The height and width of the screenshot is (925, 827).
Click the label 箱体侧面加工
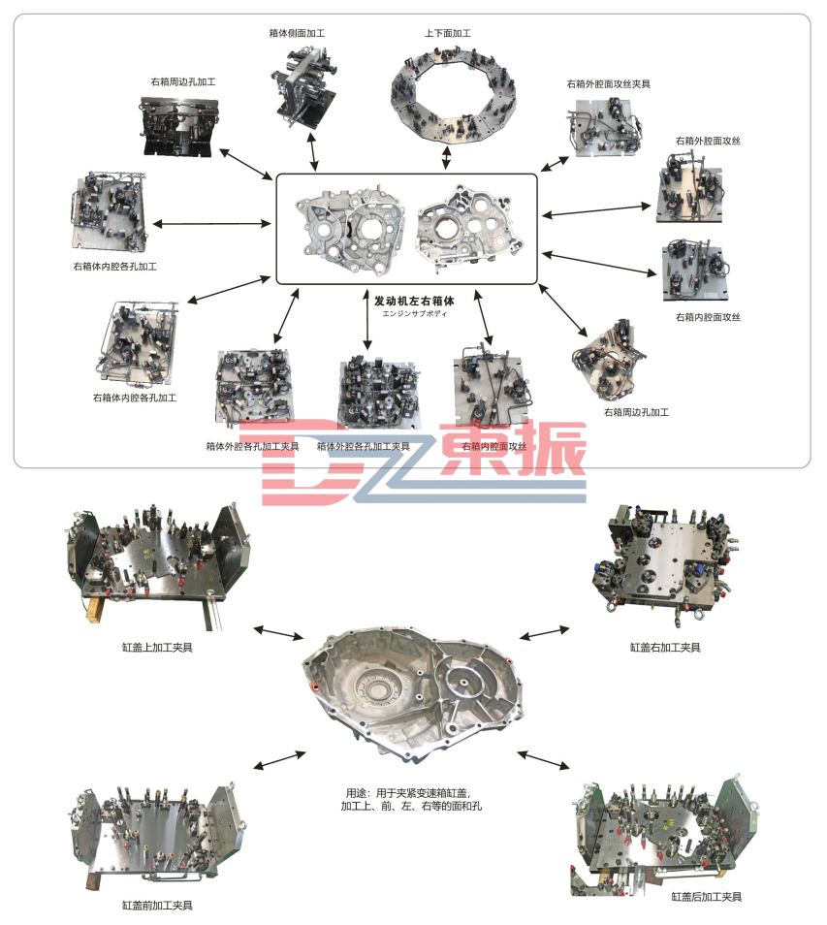297,33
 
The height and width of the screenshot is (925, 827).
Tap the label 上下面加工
447,33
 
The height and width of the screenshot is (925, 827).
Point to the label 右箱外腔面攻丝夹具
608,84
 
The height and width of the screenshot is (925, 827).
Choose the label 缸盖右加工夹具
665,647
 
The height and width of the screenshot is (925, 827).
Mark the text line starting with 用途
407,792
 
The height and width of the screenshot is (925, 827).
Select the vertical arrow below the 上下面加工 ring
446,156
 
